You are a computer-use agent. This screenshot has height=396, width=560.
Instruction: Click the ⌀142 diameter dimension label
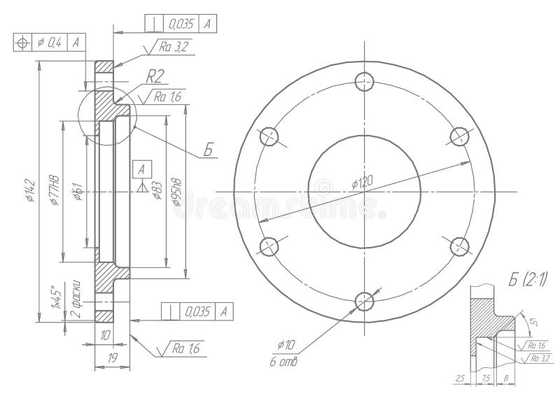(x=30, y=190)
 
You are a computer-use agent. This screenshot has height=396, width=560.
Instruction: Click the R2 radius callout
(x=155, y=76)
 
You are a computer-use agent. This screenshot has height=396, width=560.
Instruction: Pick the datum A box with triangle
(x=142, y=169)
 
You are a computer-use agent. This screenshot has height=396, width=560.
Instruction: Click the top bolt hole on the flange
(x=365, y=83)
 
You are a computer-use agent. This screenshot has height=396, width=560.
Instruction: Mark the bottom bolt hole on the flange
(x=365, y=302)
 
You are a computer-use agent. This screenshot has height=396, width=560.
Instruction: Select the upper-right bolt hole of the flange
(x=458, y=136)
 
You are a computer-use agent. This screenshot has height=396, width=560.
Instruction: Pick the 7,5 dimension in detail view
(x=484, y=379)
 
